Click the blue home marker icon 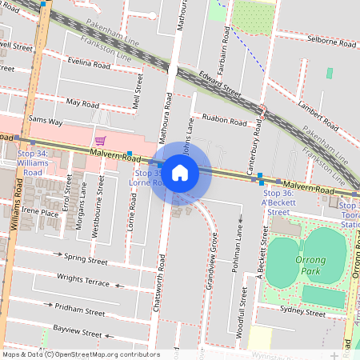pos(180,172)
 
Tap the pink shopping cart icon pos(100,140)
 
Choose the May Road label pos(83,103)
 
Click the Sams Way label pos(45,121)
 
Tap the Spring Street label pos(86,260)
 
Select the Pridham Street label pos(80,307)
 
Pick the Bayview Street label pos(78,331)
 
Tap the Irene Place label pos(40,212)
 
